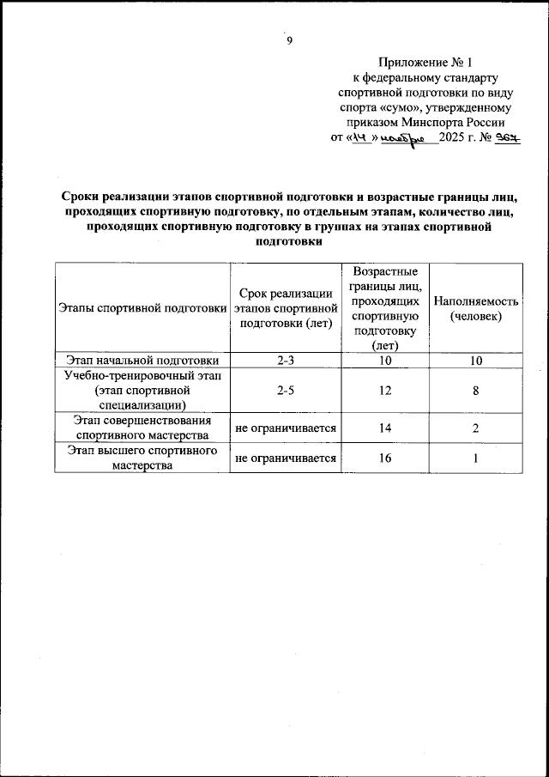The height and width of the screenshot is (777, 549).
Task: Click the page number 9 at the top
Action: coord(290,40)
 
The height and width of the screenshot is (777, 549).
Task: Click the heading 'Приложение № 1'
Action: coord(425,63)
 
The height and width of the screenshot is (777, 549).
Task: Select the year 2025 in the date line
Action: coord(455,139)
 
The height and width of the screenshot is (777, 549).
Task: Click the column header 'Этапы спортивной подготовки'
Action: coord(142,308)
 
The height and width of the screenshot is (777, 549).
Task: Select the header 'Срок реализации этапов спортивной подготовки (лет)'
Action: coord(284,308)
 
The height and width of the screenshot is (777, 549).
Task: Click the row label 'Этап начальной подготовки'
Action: coord(142,361)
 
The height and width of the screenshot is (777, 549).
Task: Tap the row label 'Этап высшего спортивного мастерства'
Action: coord(142,458)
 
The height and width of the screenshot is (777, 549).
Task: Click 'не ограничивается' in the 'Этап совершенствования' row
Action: coord(285,428)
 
